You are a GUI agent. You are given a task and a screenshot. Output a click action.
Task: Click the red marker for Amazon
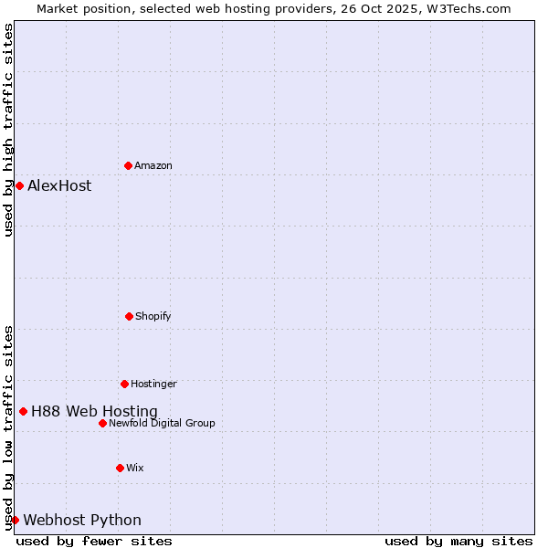(x=128, y=165)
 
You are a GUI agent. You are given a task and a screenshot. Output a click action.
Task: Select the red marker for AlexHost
(x=19, y=185)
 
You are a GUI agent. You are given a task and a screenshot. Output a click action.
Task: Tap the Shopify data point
(x=129, y=316)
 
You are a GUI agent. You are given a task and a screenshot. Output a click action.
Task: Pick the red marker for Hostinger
(x=124, y=384)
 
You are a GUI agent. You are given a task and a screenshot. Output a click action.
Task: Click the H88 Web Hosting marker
(x=23, y=411)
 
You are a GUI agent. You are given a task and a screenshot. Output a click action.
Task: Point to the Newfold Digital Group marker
(x=102, y=423)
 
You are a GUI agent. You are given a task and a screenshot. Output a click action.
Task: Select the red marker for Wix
(x=120, y=468)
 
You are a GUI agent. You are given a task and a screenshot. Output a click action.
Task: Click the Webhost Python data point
(x=15, y=520)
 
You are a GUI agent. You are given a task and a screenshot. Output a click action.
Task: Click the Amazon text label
(x=153, y=165)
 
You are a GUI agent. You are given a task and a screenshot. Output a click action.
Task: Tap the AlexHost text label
(x=59, y=185)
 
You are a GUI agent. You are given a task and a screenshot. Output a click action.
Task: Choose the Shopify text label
(x=153, y=316)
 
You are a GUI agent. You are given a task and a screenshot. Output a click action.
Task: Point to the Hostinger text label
(x=153, y=384)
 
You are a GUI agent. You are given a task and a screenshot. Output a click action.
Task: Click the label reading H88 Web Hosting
(x=94, y=411)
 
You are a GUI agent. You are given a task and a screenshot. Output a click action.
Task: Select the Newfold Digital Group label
(x=162, y=423)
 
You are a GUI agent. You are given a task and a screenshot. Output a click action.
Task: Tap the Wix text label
(x=135, y=468)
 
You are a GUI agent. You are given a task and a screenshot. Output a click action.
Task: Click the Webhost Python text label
(x=82, y=520)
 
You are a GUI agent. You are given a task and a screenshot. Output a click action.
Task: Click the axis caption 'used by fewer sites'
(x=94, y=541)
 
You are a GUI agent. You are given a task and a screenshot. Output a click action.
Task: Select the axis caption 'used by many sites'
(x=458, y=541)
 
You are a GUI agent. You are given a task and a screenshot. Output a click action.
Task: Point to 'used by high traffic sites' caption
(x=8, y=130)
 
